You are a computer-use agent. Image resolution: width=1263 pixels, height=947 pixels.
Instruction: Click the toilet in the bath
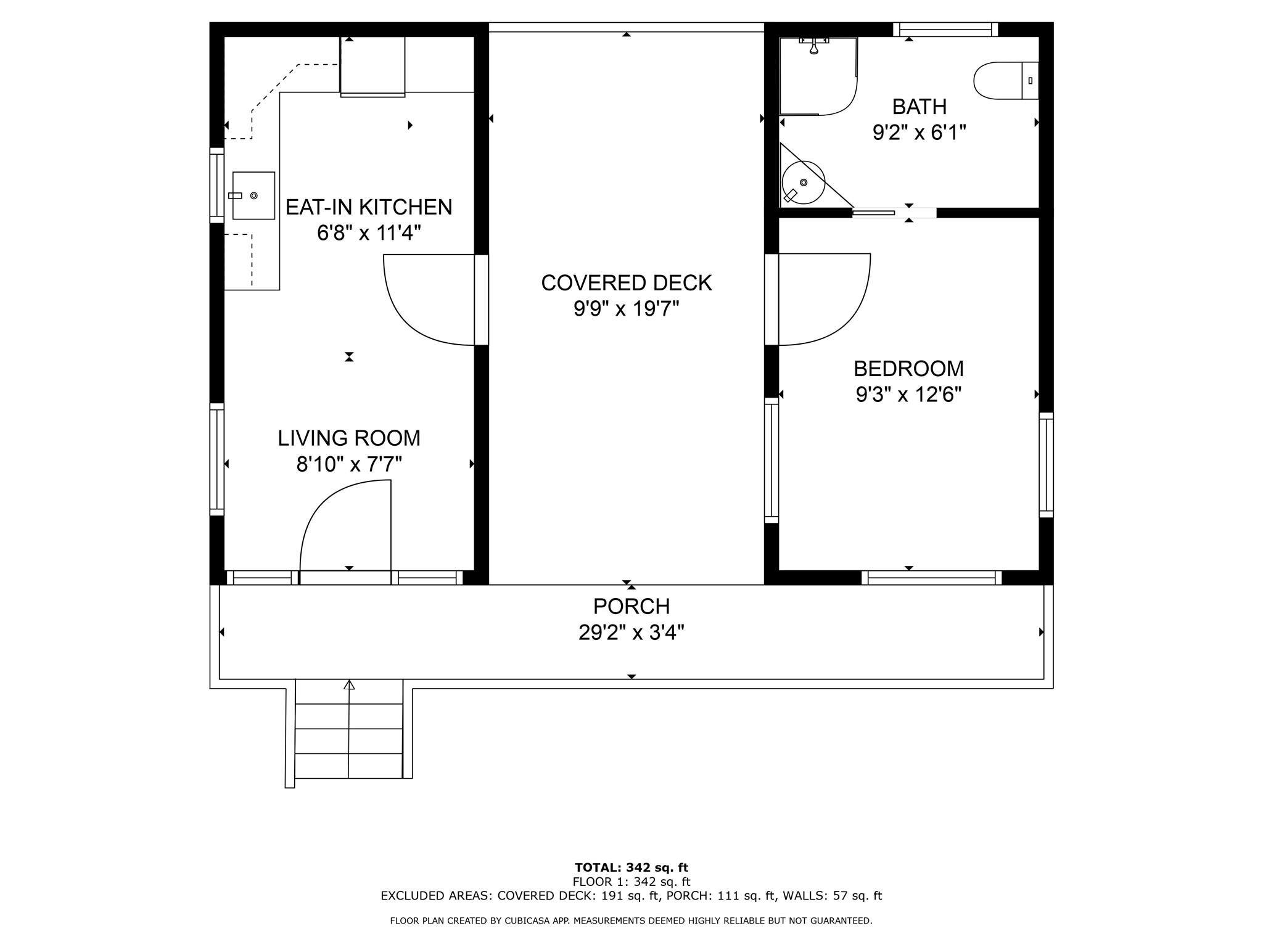click(x=1006, y=80)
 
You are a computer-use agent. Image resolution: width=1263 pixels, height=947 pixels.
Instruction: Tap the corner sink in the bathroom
click(x=803, y=182)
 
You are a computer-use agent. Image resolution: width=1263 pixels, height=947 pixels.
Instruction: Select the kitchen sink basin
click(x=253, y=195)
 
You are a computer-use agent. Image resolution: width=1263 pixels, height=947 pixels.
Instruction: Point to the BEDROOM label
click(x=908, y=369)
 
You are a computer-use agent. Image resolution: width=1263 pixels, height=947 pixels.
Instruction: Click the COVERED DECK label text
click(x=627, y=283)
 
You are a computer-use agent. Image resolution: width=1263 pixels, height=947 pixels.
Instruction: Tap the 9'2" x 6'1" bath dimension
click(x=919, y=133)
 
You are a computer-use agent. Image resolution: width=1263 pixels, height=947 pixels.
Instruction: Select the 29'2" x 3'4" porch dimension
click(x=631, y=633)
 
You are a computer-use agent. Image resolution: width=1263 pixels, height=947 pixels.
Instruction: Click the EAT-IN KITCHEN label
click(x=369, y=207)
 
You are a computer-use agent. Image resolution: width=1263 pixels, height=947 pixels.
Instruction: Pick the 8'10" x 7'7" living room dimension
click(x=349, y=464)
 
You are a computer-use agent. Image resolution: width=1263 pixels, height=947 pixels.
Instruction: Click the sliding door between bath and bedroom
click(x=873, y=213)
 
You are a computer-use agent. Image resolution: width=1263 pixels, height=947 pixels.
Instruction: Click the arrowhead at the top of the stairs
click(x=349, y=684)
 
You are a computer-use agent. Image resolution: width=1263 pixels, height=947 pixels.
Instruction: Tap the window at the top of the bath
click(x=945, y=29)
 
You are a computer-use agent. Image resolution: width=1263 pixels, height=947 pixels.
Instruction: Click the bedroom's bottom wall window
click(x=931, y=578)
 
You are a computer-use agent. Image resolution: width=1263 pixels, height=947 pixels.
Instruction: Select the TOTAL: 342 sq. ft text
click(x=631, y=868)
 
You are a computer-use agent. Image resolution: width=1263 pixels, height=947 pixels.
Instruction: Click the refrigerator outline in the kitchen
click(x=372, y=67)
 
